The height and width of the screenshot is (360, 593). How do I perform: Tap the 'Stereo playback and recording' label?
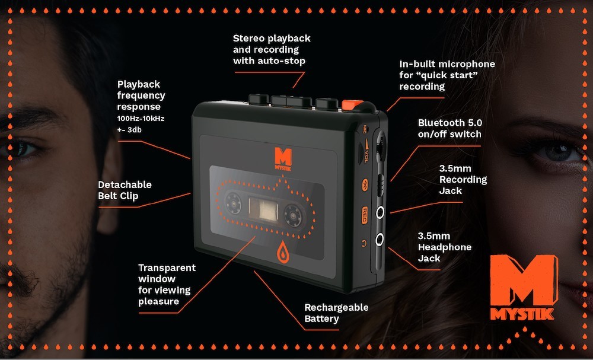tap(271, 49)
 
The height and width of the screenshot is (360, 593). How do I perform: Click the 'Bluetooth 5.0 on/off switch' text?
tap(449, 128)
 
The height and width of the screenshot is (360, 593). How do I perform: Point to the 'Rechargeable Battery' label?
tap(336, 313)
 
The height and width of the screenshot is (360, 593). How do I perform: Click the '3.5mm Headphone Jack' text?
tap(444, 247)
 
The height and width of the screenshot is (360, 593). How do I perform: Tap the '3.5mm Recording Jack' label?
tap(463, 180)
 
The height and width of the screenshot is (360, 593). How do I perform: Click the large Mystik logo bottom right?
tap(522, 288)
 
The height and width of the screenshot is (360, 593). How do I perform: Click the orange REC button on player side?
tap(365, 212)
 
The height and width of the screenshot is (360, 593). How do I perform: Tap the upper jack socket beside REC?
tap(380, 211)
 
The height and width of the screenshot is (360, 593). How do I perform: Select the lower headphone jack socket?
tap(380, 239)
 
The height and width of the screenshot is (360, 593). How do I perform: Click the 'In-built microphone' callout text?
tap(447, 75)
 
